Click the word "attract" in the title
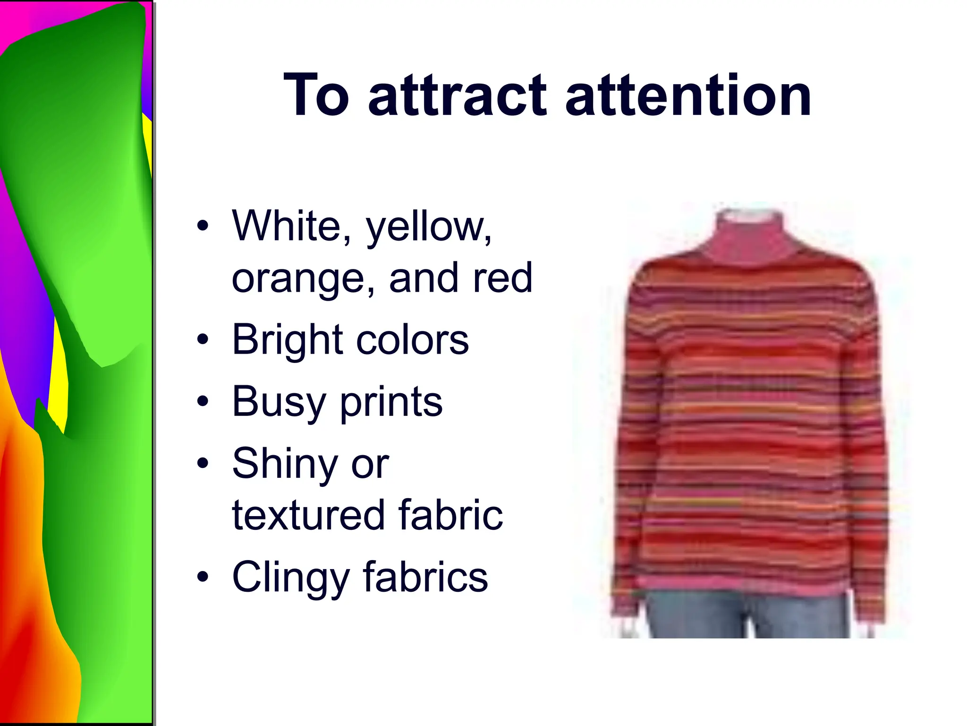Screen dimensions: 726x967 click(x=457, y=95)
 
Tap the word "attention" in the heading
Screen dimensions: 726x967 click(x=687, y=95)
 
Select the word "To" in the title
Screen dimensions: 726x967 click(x=316, y=95)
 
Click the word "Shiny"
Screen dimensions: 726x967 click(x=284, y=464)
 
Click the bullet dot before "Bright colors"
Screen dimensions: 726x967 click(x=203, y=339)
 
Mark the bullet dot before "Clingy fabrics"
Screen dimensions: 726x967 click(x=203, y=577)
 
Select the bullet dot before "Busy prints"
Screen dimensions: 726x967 click(x=203, y=401)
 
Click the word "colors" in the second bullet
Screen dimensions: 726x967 click(x=412, y=340)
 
